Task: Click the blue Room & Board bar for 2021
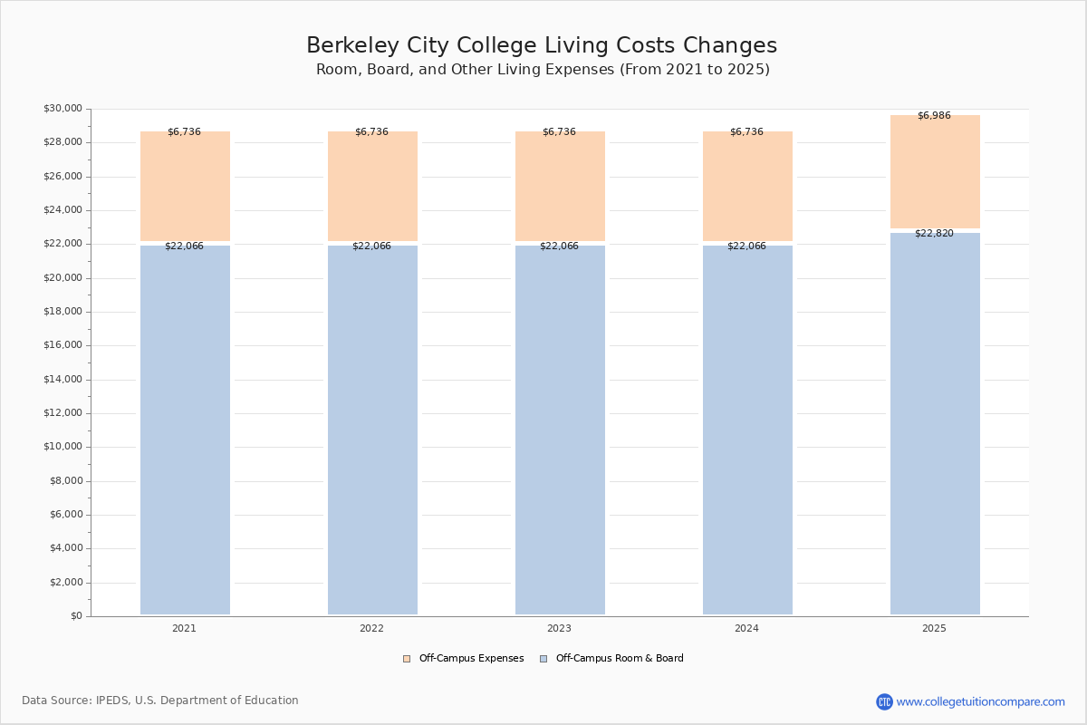pos(185,430)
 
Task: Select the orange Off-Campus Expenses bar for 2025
pos(935,171)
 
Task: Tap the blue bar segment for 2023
pos(560,430)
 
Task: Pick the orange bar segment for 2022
pos(372,186)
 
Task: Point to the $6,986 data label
pos(934,116)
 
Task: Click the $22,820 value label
pos(934,234)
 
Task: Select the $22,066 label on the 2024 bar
pos(746,246)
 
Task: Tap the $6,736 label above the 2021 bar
pos(184,132)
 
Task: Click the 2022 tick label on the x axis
pos(371,629)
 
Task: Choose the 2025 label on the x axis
pos(934,629)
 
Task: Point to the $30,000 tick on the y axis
pos(63,109)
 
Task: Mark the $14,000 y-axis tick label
pos(63,380)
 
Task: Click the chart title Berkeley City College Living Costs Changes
pos(542,46)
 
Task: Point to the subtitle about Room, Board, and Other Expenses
pos(543,70)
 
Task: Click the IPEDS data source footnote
pos(160,701)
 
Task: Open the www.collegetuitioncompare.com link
pos(980,701)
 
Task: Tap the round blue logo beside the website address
pos(884,701)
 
